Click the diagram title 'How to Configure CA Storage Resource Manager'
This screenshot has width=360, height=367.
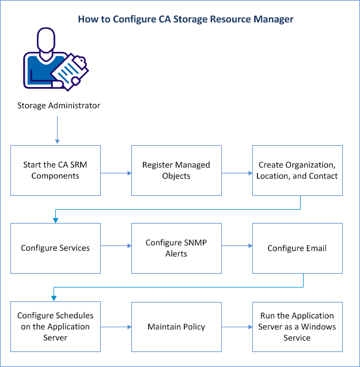click(186, 19)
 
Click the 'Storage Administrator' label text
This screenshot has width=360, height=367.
click(58, 105)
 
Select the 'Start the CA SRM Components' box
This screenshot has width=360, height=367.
click(56, 170)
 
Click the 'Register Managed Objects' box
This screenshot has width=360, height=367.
click(176, 170)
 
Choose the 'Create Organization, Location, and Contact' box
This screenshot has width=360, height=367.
click(297, 170)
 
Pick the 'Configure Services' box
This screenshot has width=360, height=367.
click(56, 248)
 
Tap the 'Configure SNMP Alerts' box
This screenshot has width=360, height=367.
click(176, 248)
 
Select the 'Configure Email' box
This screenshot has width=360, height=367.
click(297, 248)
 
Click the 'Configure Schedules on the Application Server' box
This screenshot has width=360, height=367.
click(56, 327)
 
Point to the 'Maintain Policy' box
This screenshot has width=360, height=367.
click(176, 327)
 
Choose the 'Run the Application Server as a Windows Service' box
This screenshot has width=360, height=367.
click(297, 327)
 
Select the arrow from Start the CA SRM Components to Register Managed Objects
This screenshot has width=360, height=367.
click(116, 171)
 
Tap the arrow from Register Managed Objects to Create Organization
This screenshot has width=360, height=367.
click(237, 171)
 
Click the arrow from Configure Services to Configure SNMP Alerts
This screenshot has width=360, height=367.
click(116, 246)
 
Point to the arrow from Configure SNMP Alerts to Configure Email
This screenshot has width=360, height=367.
click(237, 246)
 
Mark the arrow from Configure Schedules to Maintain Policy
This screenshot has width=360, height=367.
click(116, 327)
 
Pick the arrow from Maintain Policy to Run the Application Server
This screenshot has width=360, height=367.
click(237, 327)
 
